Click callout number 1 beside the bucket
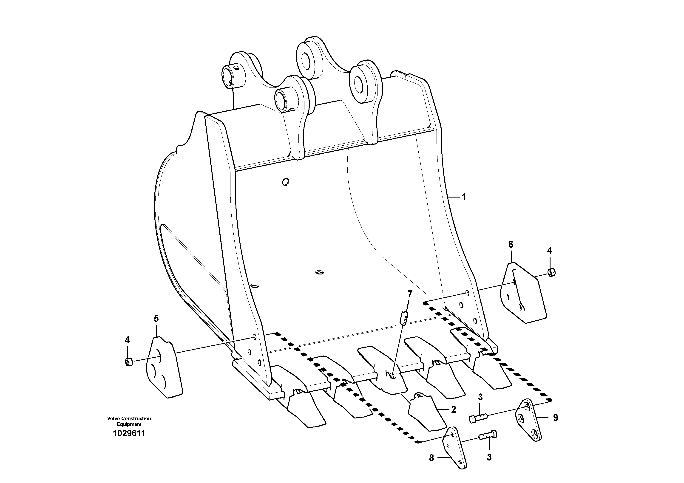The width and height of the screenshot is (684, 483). click(464, 197)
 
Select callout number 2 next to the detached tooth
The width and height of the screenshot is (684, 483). click(453, 410)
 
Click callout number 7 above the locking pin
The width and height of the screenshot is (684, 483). click(410, 294)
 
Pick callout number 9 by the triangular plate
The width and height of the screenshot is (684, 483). click(555, 418)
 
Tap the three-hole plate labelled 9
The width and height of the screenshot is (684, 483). click(528, 420)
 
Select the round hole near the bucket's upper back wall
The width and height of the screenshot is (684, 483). click(285, 181)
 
